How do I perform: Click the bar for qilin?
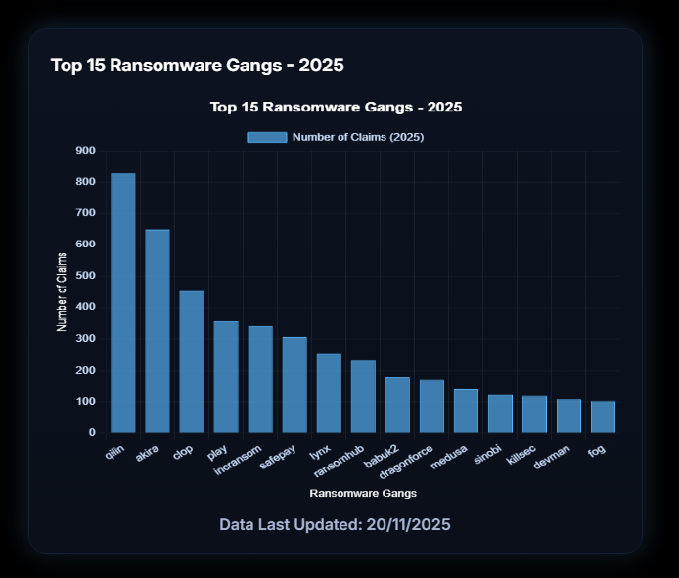point(122,303)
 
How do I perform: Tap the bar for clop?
point(191,362)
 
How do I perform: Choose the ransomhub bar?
point(363,396)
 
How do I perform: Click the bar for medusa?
point(466,411)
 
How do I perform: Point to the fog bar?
point(603,417)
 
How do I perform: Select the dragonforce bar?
point(431,406)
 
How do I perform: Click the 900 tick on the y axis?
point(85,151)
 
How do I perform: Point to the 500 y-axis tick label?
point(85,276)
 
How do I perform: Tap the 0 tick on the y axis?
point(92,432)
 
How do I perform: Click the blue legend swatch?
point(266,137)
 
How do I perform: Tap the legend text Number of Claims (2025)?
point(357,137)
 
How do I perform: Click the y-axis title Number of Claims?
point(62,291)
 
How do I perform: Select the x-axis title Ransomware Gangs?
point(362,492)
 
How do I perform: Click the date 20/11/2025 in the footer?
point(403,525)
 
